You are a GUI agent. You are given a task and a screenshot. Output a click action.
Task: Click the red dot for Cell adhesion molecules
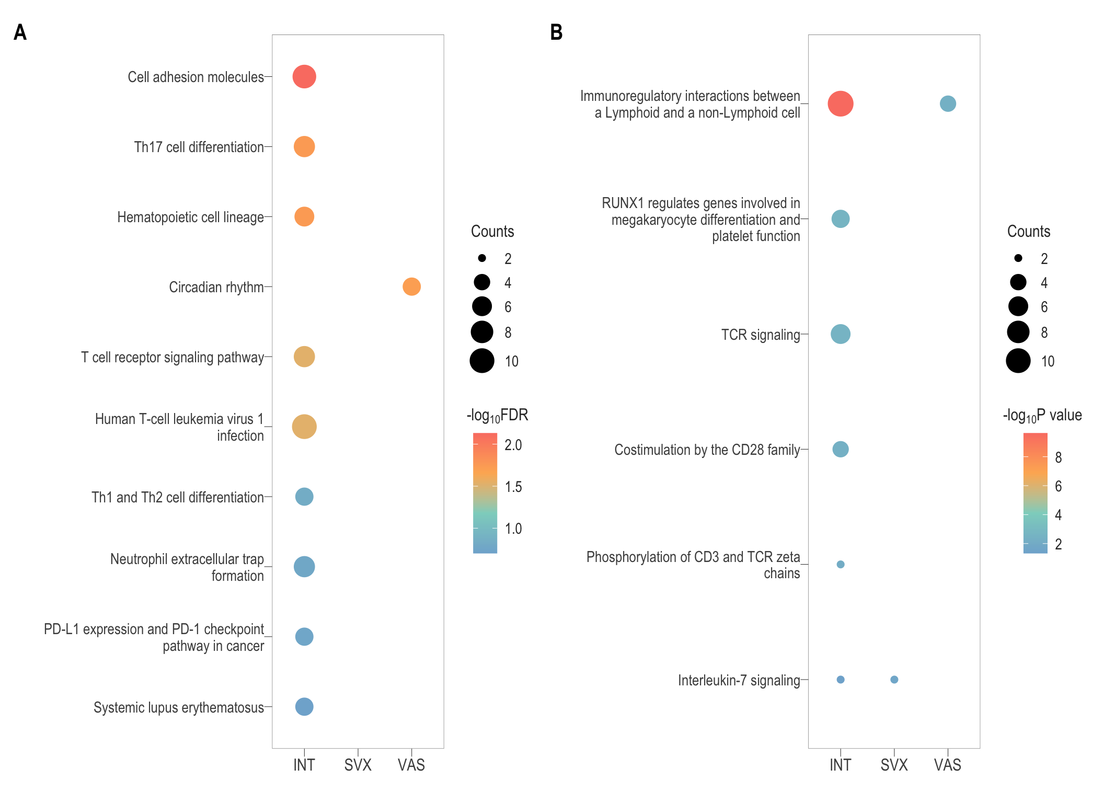[x=304, y=77]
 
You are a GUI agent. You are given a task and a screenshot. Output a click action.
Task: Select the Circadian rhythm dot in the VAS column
[x=411, y=286]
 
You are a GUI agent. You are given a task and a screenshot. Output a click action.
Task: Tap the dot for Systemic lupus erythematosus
[x=304, y=707]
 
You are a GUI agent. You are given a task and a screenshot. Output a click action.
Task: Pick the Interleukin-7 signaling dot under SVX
[x=894, y=680]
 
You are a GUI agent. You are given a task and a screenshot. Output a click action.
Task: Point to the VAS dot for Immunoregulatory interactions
[x=948, y=104]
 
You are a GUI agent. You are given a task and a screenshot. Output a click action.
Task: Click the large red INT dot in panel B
[x=841, y=104]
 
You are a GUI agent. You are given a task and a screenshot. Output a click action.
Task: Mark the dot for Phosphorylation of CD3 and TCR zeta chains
[x=841, y=565]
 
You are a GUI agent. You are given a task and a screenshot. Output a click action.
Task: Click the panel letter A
[x=20, y=32]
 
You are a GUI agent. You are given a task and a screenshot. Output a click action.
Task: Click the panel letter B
[x=556, y=32]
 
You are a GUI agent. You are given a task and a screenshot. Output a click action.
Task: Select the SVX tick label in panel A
[x=358, y=765]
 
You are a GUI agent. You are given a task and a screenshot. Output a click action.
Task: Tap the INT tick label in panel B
[x=840, y=765]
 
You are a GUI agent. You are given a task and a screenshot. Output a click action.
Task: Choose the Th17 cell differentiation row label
[x=199, y=147]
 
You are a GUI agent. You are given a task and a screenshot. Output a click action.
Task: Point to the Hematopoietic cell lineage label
[x=190, y=217]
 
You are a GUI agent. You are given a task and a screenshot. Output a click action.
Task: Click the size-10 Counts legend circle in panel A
[x=482, y=361]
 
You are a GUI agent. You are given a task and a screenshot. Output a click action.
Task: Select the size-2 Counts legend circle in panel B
[x=1018, y=258]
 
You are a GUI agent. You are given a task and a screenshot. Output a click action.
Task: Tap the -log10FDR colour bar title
[x=497, y=416]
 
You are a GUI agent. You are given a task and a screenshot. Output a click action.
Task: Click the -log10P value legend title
[x=1042, y=416]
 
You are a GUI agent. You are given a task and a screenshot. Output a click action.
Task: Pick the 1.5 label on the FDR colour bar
[x=513, y=487]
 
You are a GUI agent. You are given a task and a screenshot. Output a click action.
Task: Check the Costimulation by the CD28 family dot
[x=841, y=449]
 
